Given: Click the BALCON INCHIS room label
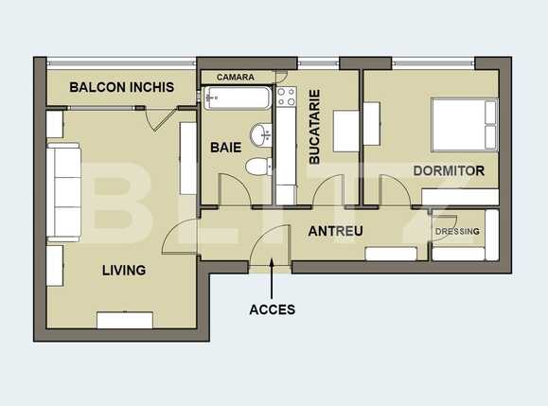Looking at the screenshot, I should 122,87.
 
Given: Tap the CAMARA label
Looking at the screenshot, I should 236,77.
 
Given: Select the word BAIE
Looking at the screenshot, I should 226,148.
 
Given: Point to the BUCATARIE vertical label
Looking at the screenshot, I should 315,127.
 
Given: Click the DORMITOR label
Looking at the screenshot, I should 449,171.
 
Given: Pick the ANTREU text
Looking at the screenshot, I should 336,231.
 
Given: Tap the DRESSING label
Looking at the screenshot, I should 458,232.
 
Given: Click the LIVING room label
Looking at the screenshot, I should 124,270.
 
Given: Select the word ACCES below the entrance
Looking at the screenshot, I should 272,309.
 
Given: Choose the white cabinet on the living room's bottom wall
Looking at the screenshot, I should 125,320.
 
